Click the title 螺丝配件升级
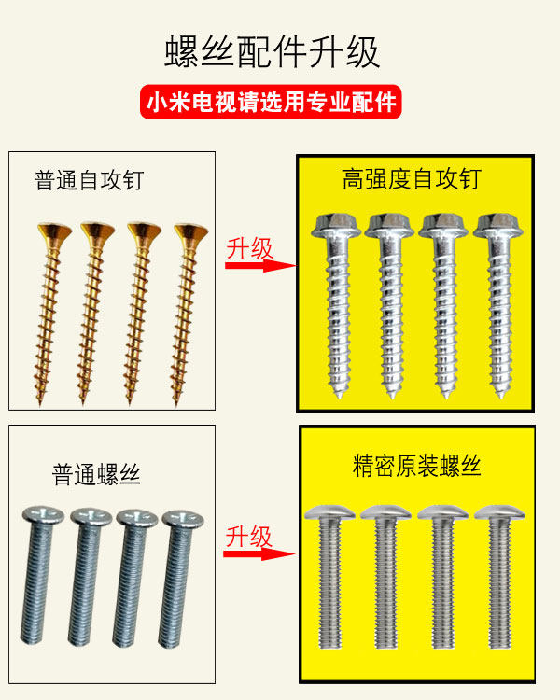click(273, 52)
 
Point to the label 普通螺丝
click(96, 474)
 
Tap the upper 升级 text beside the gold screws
click(249, 248)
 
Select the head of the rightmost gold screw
click(191, 231)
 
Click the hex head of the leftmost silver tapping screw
click(329, 225)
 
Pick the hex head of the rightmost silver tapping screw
click(495, 225)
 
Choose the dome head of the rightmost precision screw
click(495, 511)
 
